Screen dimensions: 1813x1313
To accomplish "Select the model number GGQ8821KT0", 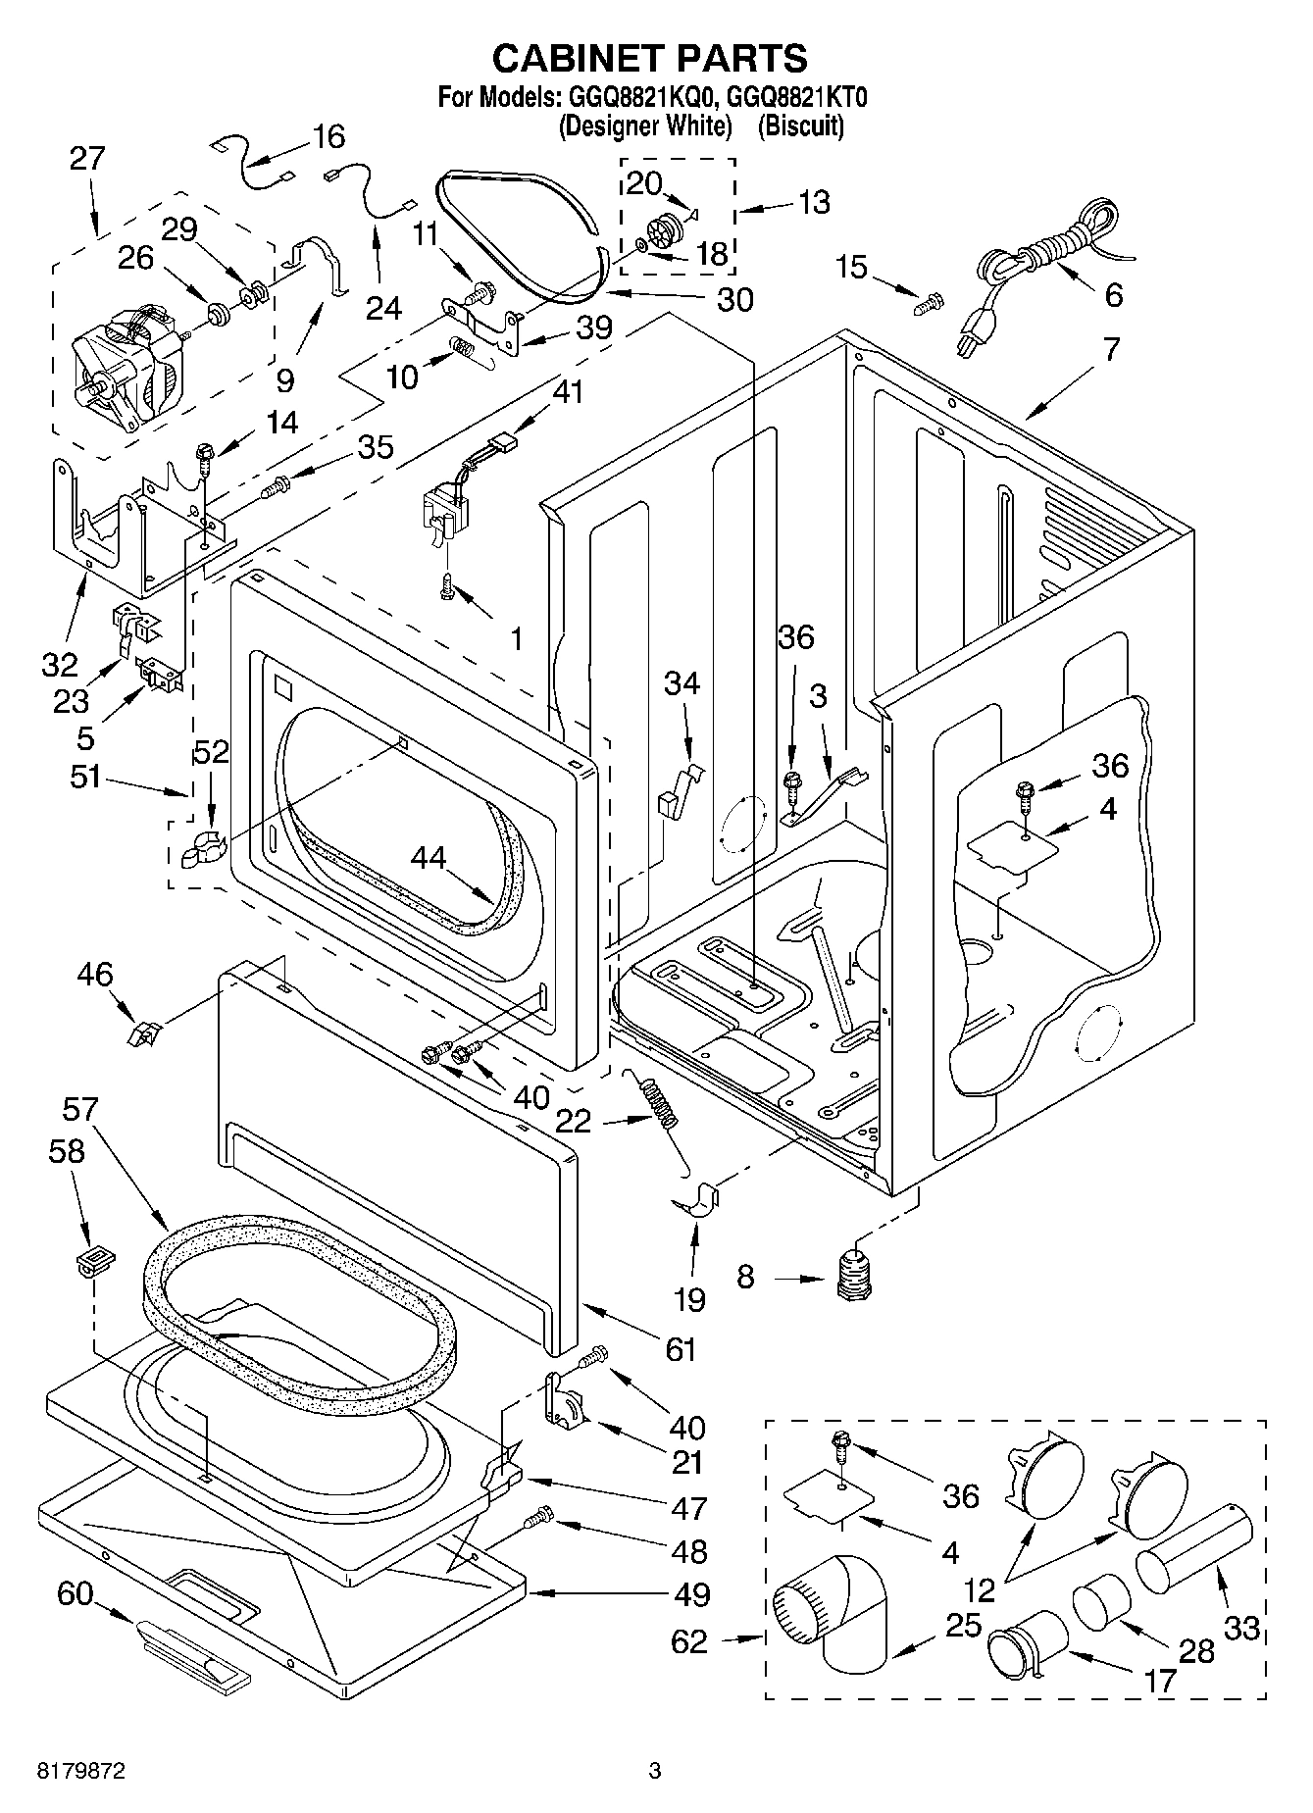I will click(x=797, y=97).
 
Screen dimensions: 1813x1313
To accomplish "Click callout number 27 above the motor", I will click(x=87, y=158).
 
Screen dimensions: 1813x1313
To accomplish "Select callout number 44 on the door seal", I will click(x=429, y=857).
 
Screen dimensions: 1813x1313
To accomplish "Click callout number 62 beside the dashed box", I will click(x=689, y=1639).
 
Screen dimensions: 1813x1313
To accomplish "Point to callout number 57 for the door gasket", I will click(x=79, y=1109).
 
